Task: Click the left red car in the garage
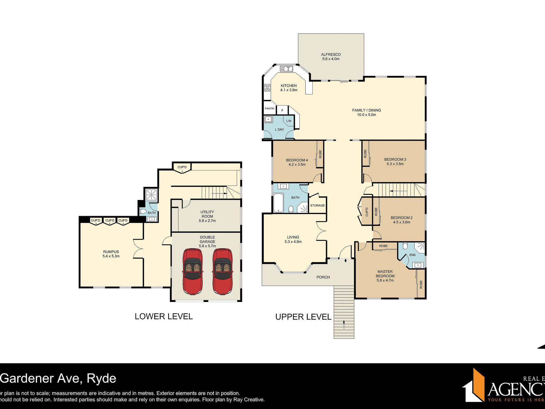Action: pos(192,271)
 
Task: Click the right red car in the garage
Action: pos(223,271)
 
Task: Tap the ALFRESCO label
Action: pos(331,57)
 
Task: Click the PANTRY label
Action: pos(270,108)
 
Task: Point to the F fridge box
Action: pos(282,110)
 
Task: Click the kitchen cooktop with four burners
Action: pos(267,88)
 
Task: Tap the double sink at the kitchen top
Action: pos(286,69)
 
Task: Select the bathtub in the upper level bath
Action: pos(278,203)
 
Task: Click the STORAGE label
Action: pos(318,206)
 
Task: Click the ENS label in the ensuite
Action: pos(412,255)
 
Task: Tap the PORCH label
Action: pos(323,277)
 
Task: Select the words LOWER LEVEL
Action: pos(163,316)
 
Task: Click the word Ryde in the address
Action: pos(101,379)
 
